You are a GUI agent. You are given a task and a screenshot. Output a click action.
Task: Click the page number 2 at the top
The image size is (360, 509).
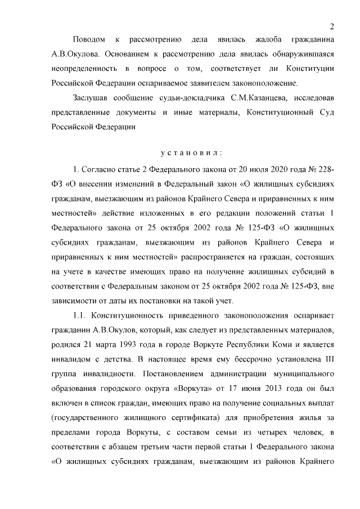332,26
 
